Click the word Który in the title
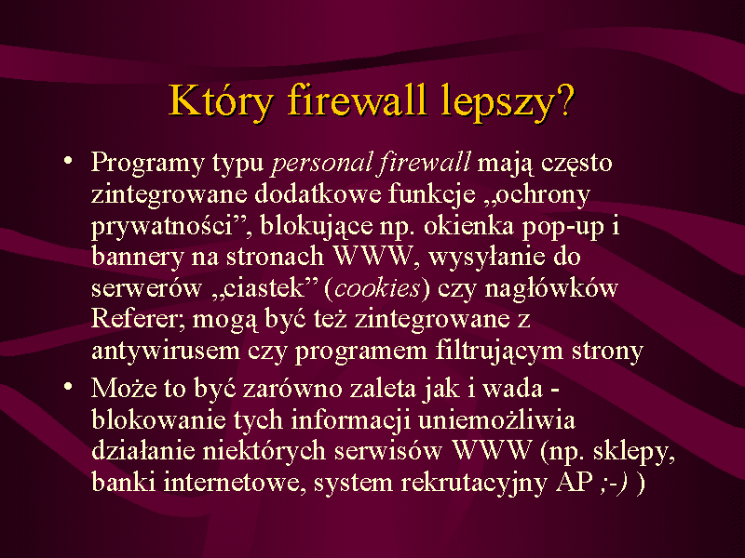pyautogui.click(x=222, y=101)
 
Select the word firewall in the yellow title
pyautogui.click(x=357, y=100)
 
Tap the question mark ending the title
pyautogui.click(x=565, y=100)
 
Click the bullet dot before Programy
pyautogui.click(x=68, y=160)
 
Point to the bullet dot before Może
pyautogui.click(x=68, y=386)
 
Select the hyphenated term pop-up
pyautogui.click(x=563, y=227)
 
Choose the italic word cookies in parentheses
pyautogui.click(x=377, y=288)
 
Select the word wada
pyautogui.click(x=513, y=389)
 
